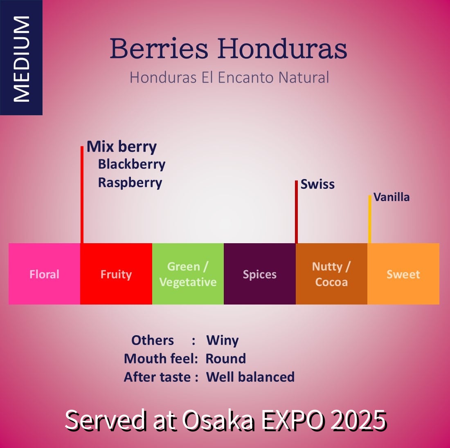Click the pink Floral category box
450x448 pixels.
pos(45,273)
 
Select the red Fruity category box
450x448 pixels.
pos(116,273)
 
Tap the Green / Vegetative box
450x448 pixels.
pos(188,273)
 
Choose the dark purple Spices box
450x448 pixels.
pos(260,273)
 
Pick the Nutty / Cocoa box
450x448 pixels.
pos(331,273)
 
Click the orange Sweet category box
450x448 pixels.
pos(403,273)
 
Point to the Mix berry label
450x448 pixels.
pos(122,147)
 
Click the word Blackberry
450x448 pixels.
pos(132,165)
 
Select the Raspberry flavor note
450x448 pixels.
pos(130,183)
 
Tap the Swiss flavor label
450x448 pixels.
pos(317,184)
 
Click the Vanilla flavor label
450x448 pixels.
pos(391,197)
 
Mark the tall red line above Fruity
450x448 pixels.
pos(82,195)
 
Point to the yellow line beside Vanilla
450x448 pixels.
pos(370,220)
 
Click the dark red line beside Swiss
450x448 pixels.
pos(297,212)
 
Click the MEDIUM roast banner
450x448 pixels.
pos(21,57)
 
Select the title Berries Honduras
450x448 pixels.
pos(228,49)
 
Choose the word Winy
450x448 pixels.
pos(223,341)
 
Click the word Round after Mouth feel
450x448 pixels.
pos(226,358)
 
